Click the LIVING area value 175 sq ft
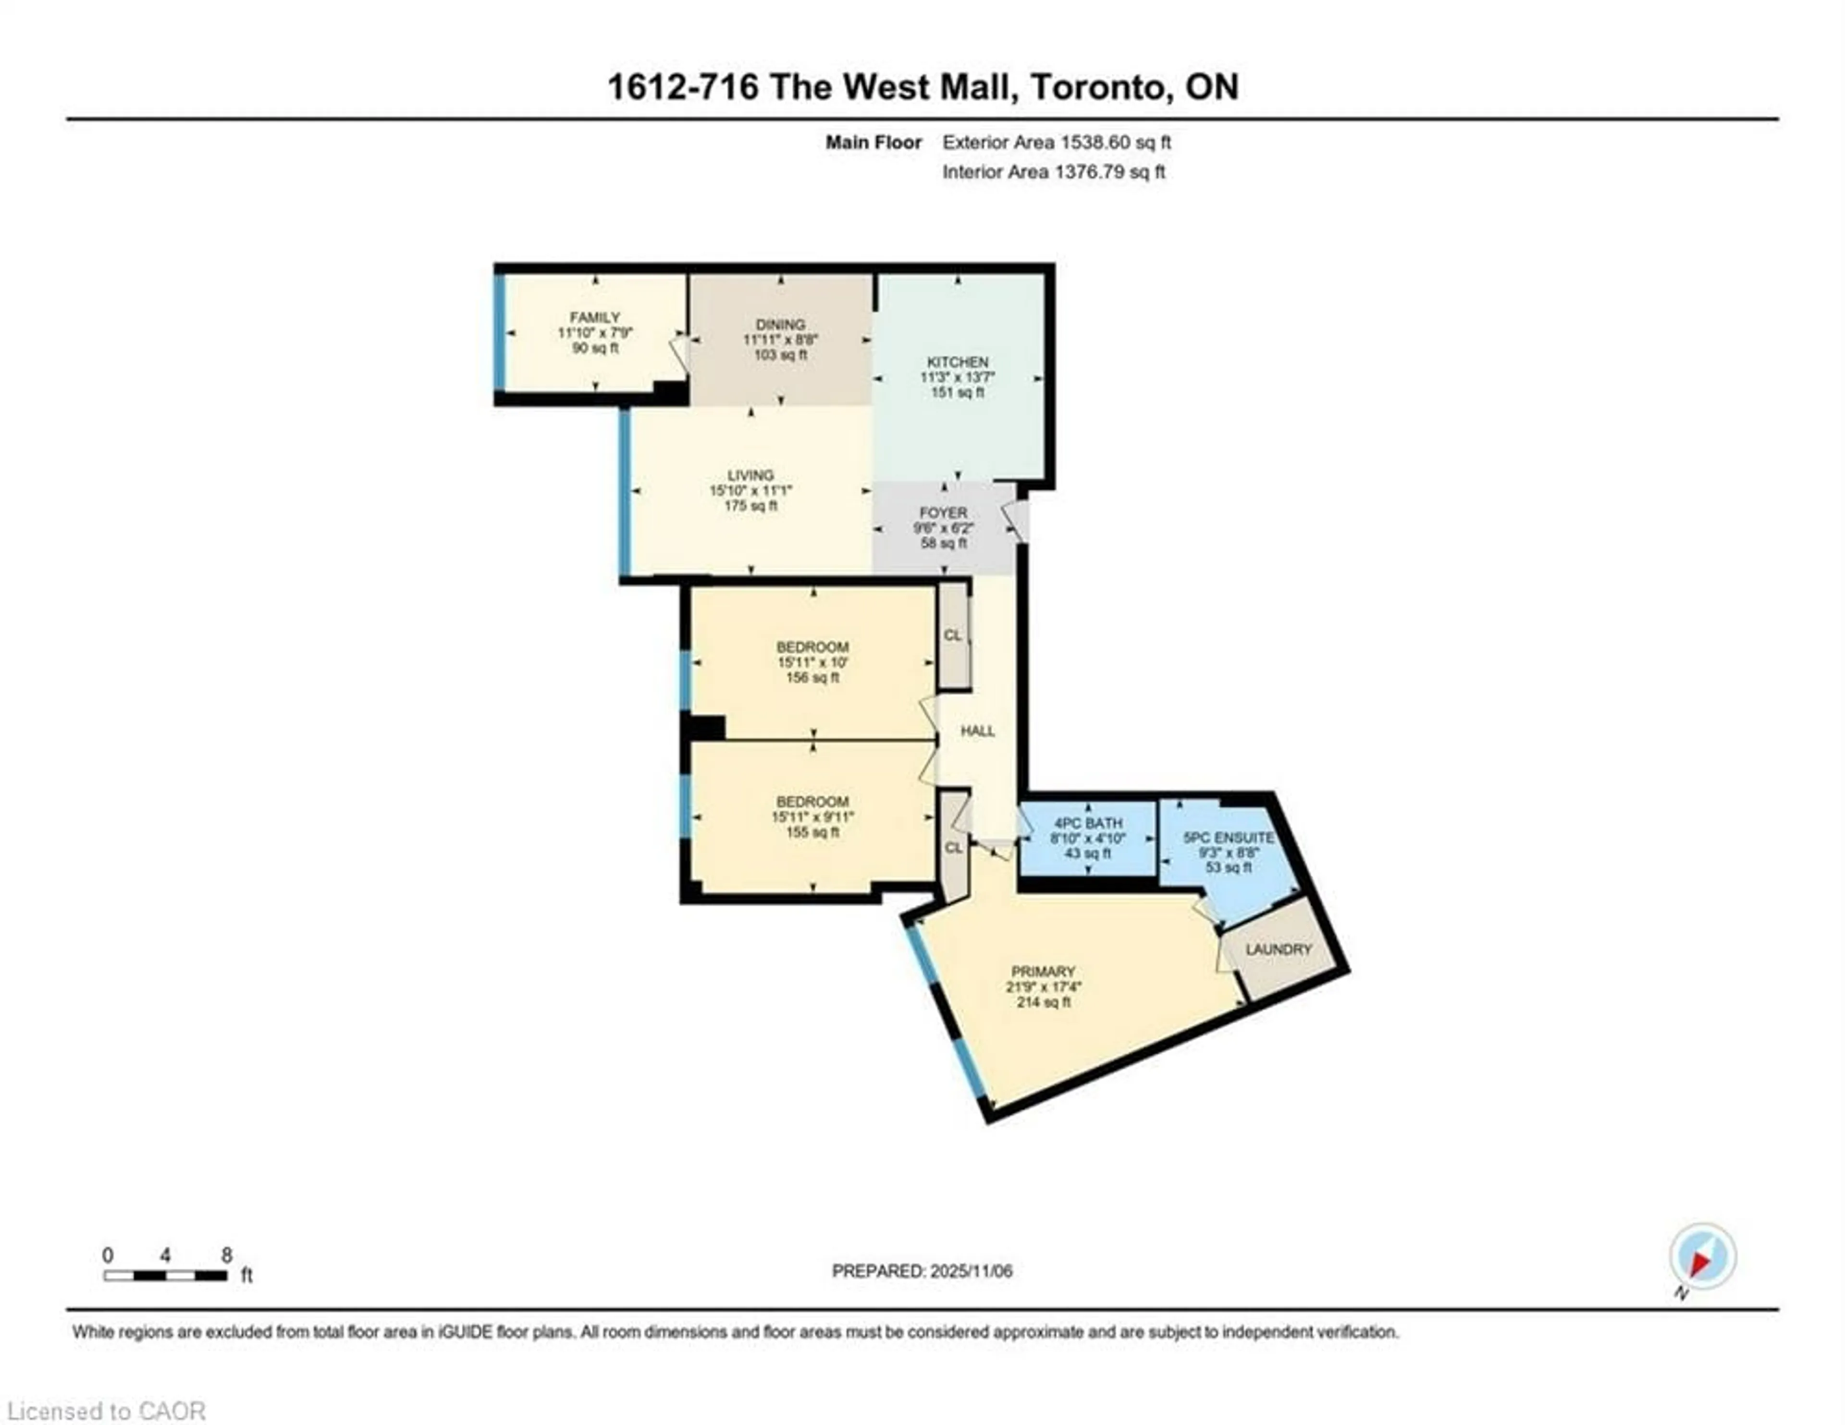click(750, 506)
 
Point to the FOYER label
click(943, 513)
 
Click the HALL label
click(977, 731)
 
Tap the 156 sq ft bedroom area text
click(812, 678)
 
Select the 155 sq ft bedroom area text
click(812, 832)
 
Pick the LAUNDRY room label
click(1278, 950)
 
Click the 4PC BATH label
click(1088, 823)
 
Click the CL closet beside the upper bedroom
click(953, 635)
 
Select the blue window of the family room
click(499, 333)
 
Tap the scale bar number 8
click(226, 1255)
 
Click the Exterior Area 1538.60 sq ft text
click(1056, 143)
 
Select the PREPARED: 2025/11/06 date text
click(922, 1270)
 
